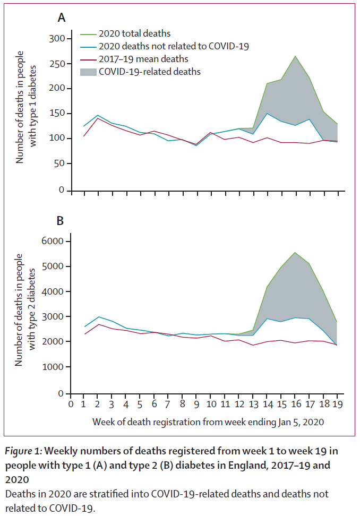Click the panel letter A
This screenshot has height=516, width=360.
click(x=62, y=18)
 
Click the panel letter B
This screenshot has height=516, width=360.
click(x=62, y=220)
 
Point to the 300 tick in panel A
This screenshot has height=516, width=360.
click(x=56, y=39)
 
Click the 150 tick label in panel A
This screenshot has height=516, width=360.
click(x=56, y=114)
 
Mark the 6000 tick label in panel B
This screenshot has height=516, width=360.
click(x=52, y=242)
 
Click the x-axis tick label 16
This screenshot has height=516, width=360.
click(x=295, y=405)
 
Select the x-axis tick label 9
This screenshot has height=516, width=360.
click(x=195, y=405)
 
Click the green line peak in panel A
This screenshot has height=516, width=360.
click(x=295, y=56)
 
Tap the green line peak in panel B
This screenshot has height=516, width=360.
click(x=295, y=252)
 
